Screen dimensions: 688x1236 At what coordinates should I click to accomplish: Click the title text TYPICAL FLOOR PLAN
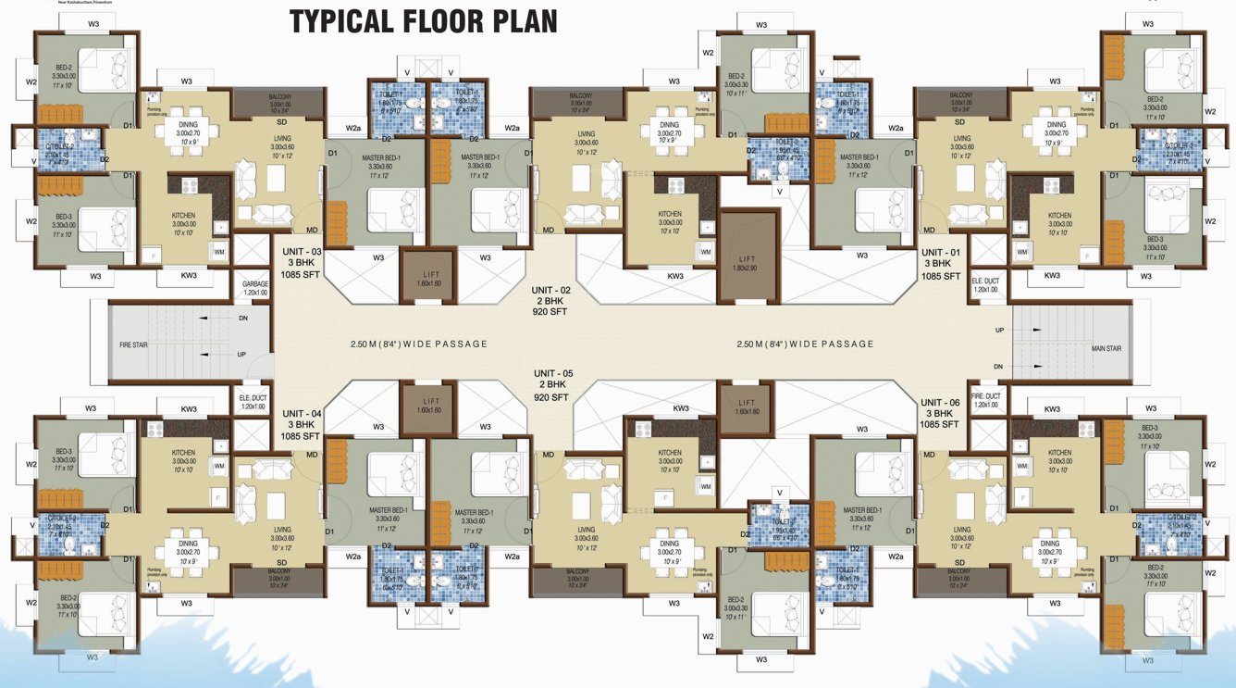(x=424, y=20)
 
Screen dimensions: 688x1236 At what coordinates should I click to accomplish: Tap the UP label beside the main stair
(x=999, y=331)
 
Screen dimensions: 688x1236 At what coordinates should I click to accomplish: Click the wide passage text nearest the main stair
(x=805, y=344)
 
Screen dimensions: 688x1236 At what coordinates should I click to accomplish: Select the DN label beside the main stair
(x=999, y=367)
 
